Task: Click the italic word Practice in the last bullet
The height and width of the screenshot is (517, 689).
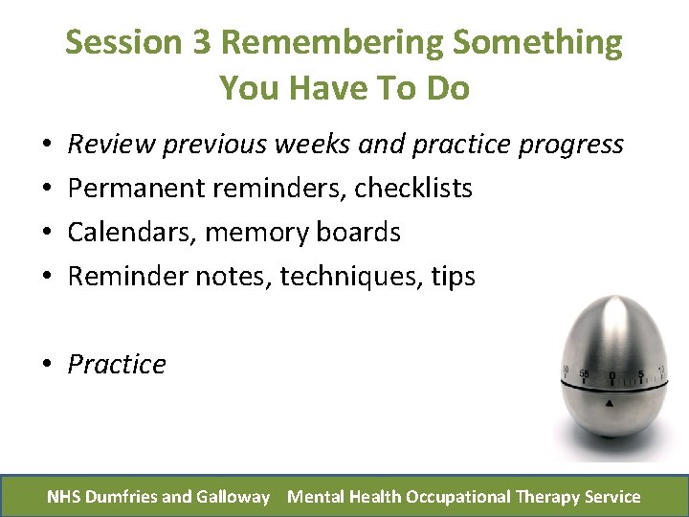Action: point(117,365)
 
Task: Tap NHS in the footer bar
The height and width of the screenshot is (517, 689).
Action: point(64,497)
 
